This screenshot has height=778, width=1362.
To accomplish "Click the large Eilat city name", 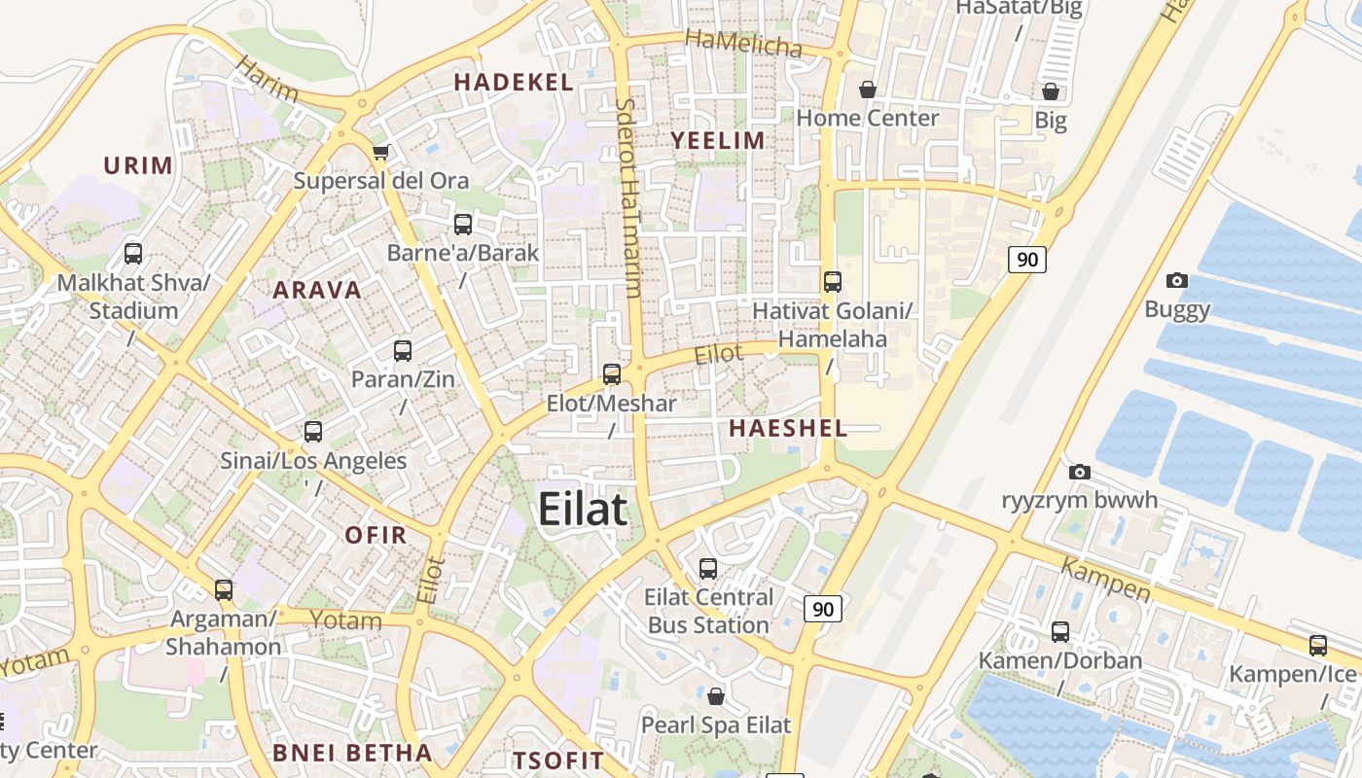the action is point(582,510).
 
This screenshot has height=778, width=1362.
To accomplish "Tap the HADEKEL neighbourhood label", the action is point(513,83).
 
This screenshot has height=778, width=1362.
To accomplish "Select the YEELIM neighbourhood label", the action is point(718,141).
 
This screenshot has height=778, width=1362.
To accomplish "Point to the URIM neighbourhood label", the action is point(138,165).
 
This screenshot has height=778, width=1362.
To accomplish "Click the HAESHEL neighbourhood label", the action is point(788,428).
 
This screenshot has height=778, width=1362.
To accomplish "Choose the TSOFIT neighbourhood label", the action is point(558,760).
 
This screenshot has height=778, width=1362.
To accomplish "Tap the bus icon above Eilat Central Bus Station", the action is point(708,569).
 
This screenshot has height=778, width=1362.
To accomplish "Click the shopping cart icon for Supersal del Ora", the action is point(380,152).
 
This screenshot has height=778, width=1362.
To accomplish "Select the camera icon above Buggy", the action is point(1177,281).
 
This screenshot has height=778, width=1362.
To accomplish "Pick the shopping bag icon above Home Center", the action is point(868,90).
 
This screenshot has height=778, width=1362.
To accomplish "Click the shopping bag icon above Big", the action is point(1051,92).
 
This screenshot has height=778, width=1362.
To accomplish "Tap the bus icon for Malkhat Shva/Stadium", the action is point(133,254).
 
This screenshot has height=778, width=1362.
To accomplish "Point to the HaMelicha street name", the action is point(743,43).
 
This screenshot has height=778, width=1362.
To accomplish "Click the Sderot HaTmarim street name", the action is point(628,198).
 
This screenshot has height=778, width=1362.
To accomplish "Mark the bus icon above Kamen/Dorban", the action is point(1060,632).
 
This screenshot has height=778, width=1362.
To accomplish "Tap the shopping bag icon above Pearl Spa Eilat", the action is point(716,696).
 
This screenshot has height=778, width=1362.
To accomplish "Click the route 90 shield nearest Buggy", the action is point(1026,260).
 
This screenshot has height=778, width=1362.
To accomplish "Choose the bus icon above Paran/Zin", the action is point(403,351).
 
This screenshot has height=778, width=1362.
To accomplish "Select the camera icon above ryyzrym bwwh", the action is point(1080,473).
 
